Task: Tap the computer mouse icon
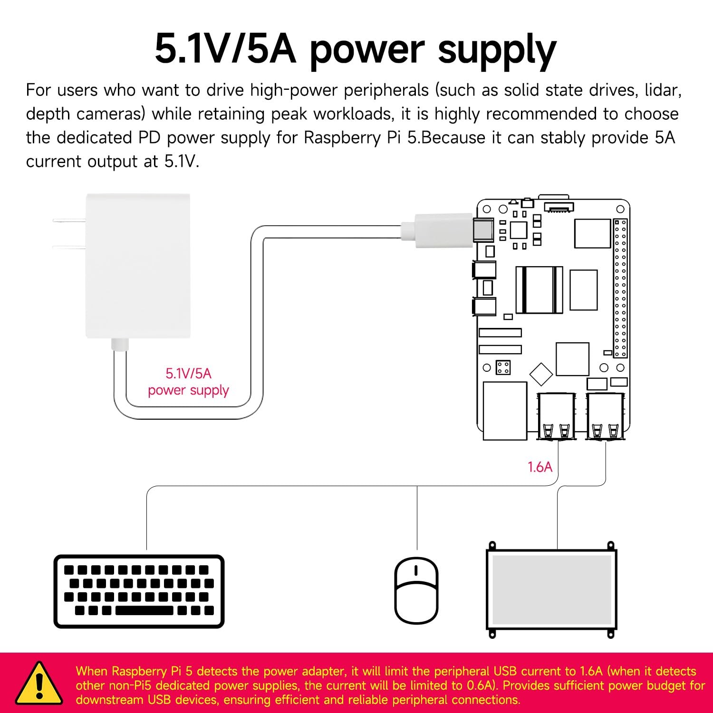click(x=417, y=591)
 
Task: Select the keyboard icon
click(x=139, y=591)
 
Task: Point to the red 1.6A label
click(x=540, y=467)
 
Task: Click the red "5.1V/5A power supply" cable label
click(x=188, y=382)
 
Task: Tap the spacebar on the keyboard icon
click(x=144, y=610)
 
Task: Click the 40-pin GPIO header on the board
click(x=620, y=288)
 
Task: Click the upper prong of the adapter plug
click(x=69, y=220)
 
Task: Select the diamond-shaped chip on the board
click(x=541, y=374)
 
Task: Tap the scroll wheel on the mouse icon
click(x=416, y=570)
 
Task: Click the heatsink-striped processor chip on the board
click(x=539, y=289)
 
